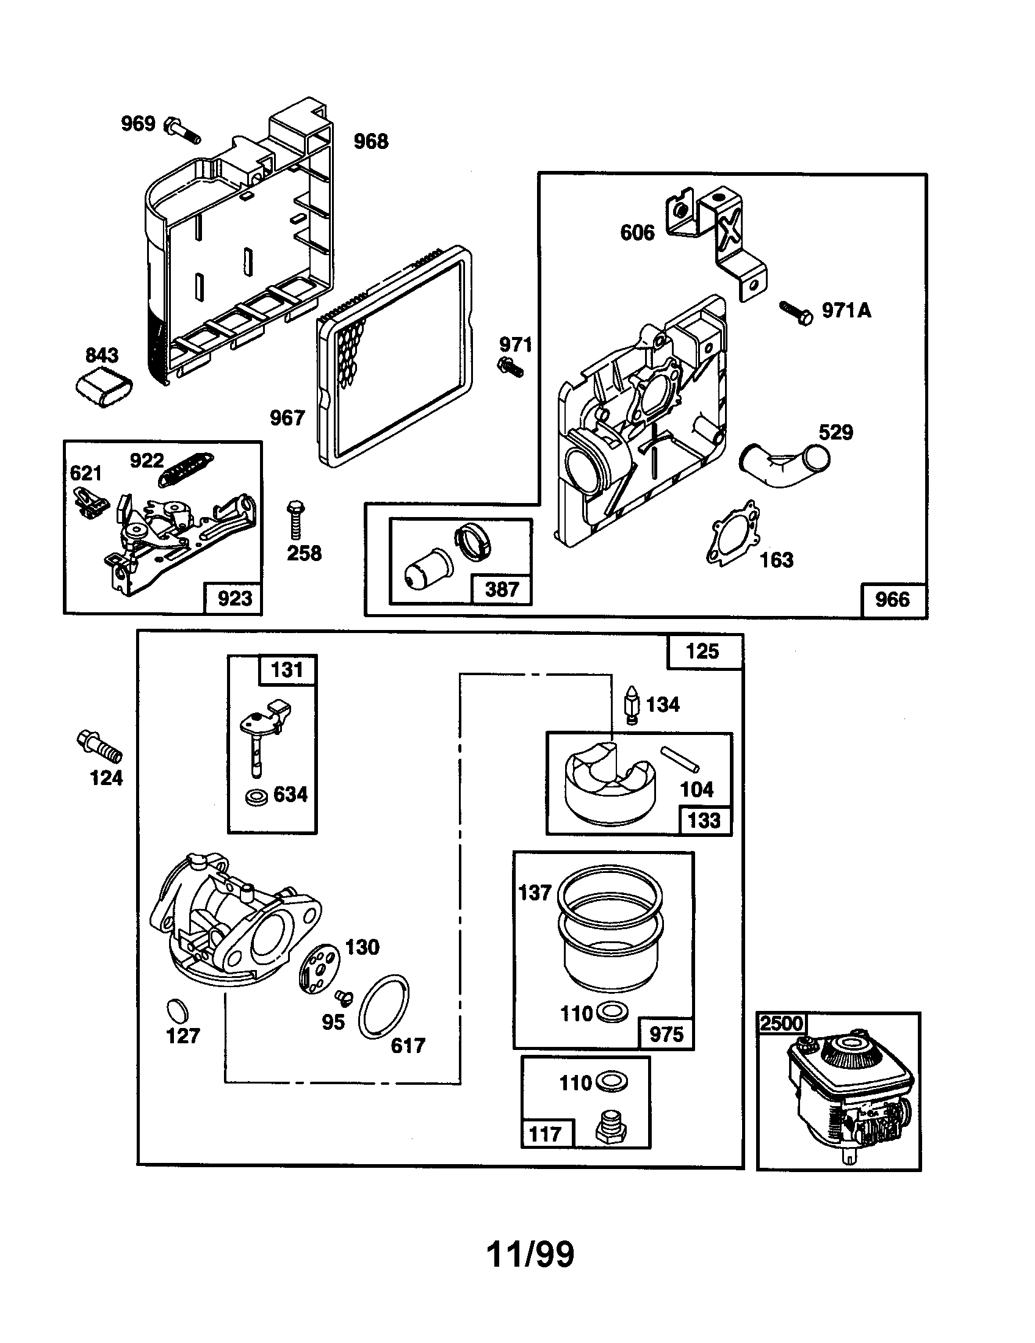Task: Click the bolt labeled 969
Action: click(x=182, y=131)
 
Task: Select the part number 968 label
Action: click(x=370, y=142)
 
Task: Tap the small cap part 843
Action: click(x=104, y=388)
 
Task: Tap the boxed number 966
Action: click(x=892, y=599)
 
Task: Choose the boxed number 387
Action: click(x=502, y=589)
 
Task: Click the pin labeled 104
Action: click(x=680, y=758)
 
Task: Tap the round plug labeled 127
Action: click(x=178, y=1012)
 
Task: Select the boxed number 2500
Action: click(x=781, y=1023)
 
